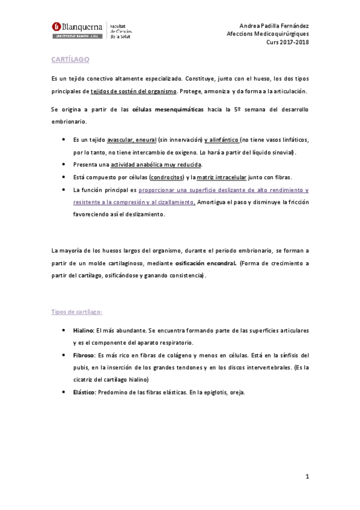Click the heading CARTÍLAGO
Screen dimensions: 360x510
coord(69,60)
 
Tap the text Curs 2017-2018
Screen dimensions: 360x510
coord(287,42)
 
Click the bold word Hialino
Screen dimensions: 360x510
coord(83,331)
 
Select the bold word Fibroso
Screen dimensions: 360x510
coord(84,355)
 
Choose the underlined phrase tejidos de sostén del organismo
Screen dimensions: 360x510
coord(133,91)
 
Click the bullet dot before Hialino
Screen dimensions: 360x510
coord(64,331)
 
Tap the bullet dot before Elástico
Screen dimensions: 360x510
coord(64,392)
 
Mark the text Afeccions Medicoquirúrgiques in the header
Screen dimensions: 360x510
coord(268,34)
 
